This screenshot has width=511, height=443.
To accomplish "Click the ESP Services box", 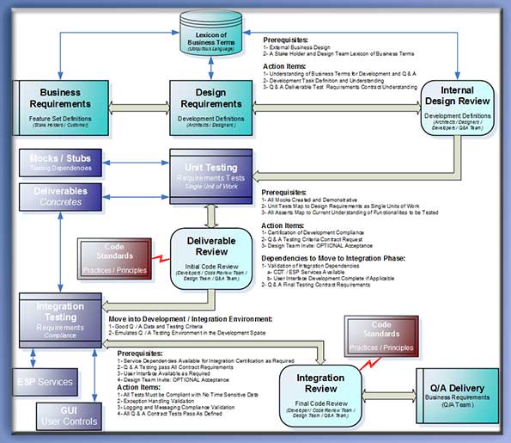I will tap(46, 381).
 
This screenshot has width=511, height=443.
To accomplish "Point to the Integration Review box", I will tap(320, 390).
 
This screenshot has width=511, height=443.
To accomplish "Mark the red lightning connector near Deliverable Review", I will tap(159, 256).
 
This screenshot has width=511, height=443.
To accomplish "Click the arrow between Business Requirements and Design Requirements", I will tap(130, 104).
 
